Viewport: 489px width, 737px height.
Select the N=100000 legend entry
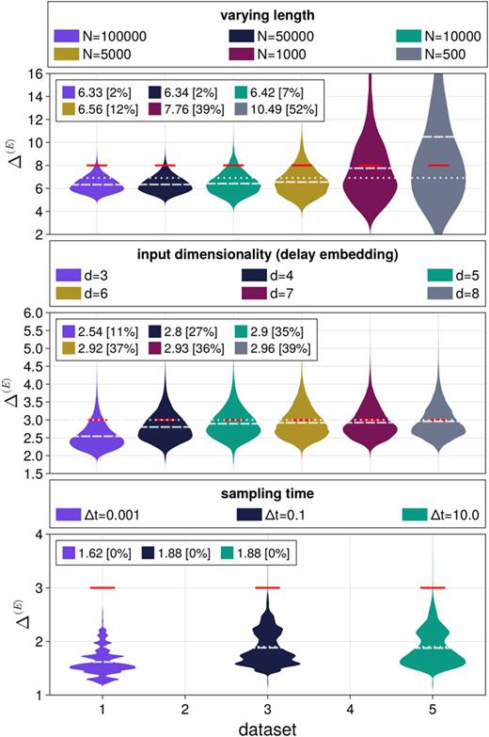(100, 36)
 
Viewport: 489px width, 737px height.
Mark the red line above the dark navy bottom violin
(268, 587)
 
